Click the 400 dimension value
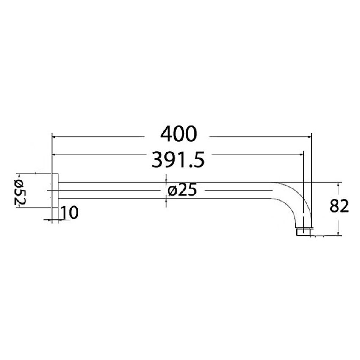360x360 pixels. click(x=178, y=134)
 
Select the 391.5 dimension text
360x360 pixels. click(x=178, y=160)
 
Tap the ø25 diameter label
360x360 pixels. click(x=182, y=191)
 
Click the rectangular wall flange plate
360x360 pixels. click(x=55, y=197)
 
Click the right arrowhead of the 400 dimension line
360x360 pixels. click(x=309, y=137)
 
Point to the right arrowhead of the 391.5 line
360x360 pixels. click(x=302, y=155)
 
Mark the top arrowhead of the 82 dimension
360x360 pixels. click(x=338, y=185)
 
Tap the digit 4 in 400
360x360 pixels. click(x=166, y=134)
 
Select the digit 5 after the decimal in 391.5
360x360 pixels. click(x=199, y=160)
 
